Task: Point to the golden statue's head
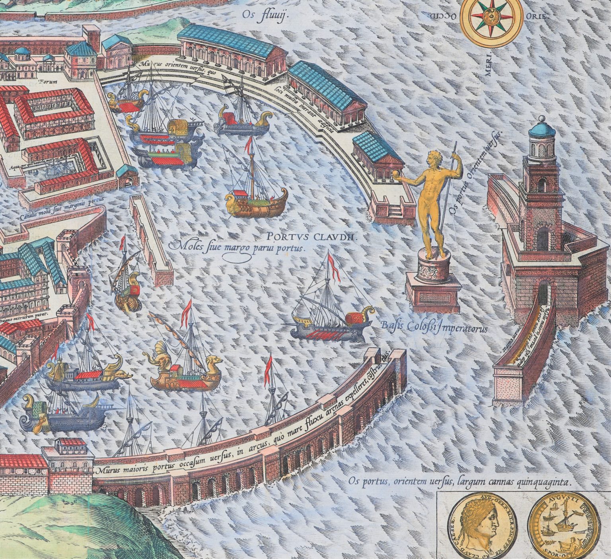click(431, 160)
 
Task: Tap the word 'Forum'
click(48, 82)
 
